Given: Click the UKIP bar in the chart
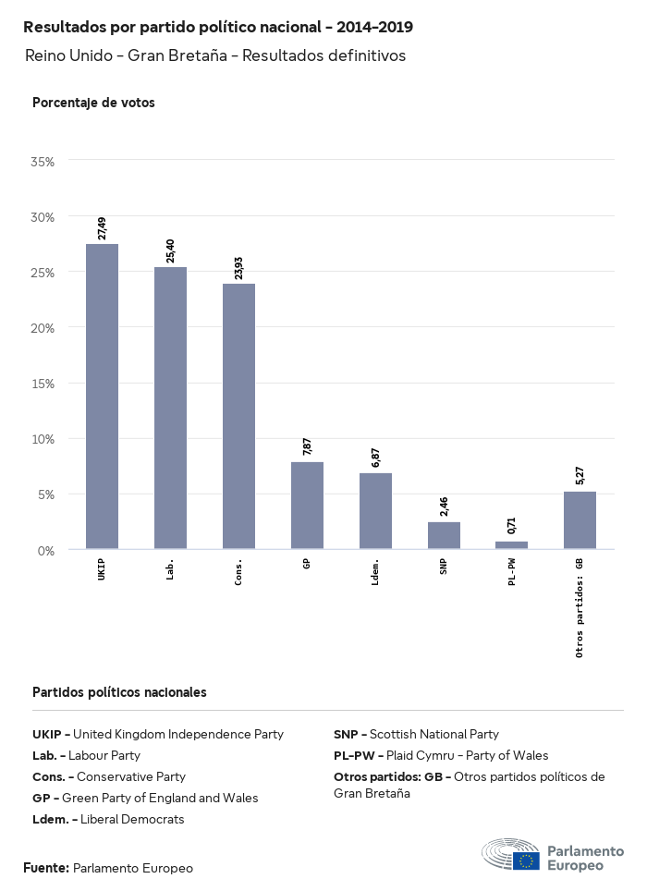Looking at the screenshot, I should point(102,397).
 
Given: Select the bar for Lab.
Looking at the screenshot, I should point(170,408).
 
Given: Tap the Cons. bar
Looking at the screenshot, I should point(238,416).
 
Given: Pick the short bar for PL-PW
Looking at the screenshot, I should point(511,545).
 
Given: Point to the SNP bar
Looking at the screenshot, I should point(444,536).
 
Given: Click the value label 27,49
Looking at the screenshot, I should point(102,227).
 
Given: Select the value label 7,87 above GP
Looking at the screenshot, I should point(307,446).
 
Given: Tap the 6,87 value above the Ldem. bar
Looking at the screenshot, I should point(375,458).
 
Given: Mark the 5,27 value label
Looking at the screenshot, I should point(580,475).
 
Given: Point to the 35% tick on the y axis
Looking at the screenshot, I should point(43,161).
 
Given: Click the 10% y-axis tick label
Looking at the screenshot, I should point(43,439).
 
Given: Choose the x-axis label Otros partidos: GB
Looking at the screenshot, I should point(580,607).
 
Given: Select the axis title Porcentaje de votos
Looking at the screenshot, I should point(93,103).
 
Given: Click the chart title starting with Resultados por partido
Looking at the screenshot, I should point(218,27).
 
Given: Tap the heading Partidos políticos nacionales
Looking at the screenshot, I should point(119,691).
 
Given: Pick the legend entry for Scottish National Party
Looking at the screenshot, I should point(416,734).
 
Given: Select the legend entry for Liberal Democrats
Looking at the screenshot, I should point(108,819).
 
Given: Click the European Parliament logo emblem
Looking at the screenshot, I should point(511,857).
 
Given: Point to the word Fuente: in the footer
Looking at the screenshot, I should point(46,868).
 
